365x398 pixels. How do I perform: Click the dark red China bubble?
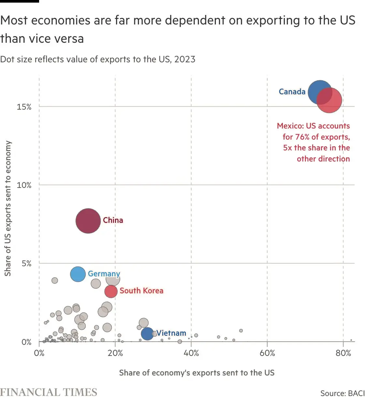88,221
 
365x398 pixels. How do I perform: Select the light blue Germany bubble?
78,274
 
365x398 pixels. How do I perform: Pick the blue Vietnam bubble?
147,334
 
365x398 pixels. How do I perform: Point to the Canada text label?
292,92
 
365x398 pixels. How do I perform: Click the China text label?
113,220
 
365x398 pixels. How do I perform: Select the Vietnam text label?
171,333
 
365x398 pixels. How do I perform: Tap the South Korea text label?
141,291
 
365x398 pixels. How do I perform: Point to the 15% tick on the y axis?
24,107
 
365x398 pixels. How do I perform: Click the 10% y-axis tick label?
24,185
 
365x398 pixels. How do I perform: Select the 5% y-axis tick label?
26,264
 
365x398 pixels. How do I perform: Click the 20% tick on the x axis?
115,353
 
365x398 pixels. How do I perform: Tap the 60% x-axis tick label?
267,353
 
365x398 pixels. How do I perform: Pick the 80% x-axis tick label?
343,353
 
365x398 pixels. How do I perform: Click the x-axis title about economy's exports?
197,373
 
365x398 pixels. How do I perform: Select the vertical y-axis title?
8,208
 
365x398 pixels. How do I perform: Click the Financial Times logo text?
49,392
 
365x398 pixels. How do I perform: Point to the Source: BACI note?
342,393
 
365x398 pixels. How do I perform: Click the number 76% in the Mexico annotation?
302,137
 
